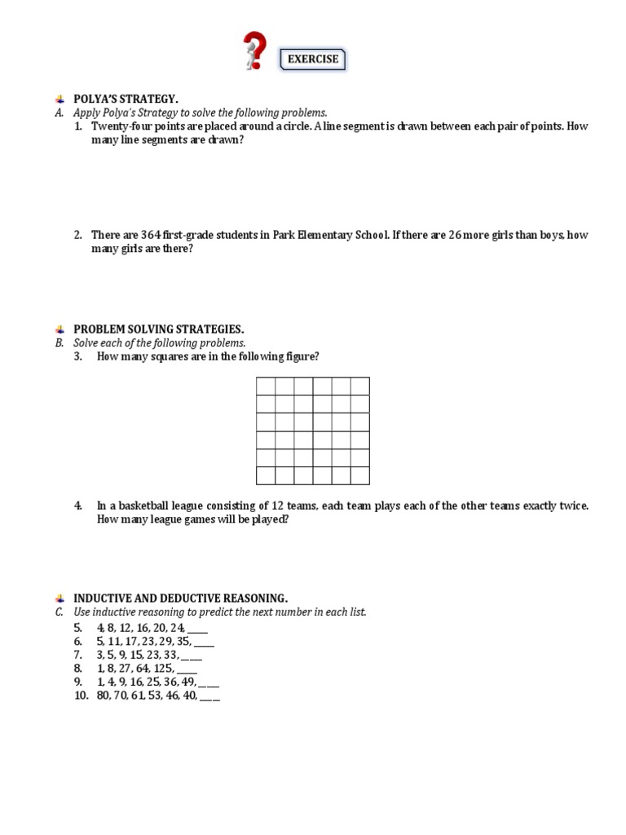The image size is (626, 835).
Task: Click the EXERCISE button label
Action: click(313, 60)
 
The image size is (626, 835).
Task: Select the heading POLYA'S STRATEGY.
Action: click(126, 99)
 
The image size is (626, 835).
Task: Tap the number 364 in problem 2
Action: click(151, 235)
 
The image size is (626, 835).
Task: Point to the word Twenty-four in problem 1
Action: click(120, 126)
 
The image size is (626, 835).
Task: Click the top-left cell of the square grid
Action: click(266, 387)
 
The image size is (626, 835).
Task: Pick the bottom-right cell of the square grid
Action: click(360, 475)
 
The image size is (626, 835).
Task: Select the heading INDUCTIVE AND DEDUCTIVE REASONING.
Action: click(181, 598)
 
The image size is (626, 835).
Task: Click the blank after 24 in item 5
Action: click(197, 628)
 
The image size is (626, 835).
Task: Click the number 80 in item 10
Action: click(104, 696)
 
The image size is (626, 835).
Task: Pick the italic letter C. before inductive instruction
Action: click(60, 612)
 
